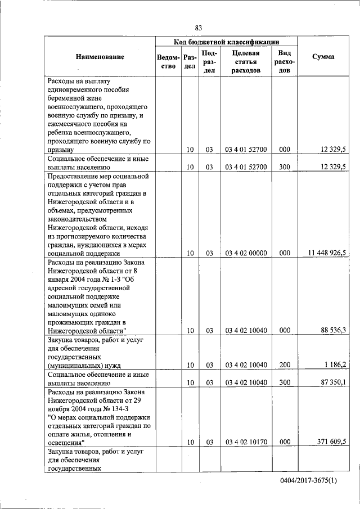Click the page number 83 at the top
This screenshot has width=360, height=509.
(198, 28)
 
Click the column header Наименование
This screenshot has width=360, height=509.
(100, 57)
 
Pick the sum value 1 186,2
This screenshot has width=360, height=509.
(335, 365)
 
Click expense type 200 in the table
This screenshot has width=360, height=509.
(284, 365)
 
